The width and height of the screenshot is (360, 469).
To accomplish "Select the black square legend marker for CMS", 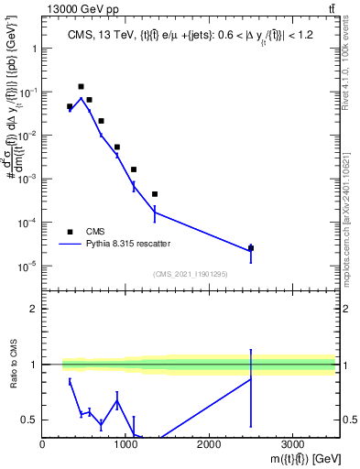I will [x=71, y=232].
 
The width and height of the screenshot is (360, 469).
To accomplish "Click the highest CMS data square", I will [x=82, y=87].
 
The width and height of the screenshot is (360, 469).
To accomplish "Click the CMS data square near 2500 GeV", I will [x=251, y=248].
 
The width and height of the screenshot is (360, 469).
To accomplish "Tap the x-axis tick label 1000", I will [x=125, y=445].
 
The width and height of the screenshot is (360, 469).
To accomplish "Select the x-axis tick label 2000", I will [x=209, y=445].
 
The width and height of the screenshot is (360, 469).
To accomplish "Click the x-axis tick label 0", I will [x=43, y=445].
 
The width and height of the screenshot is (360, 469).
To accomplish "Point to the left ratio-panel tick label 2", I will [x=33, y=309].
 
